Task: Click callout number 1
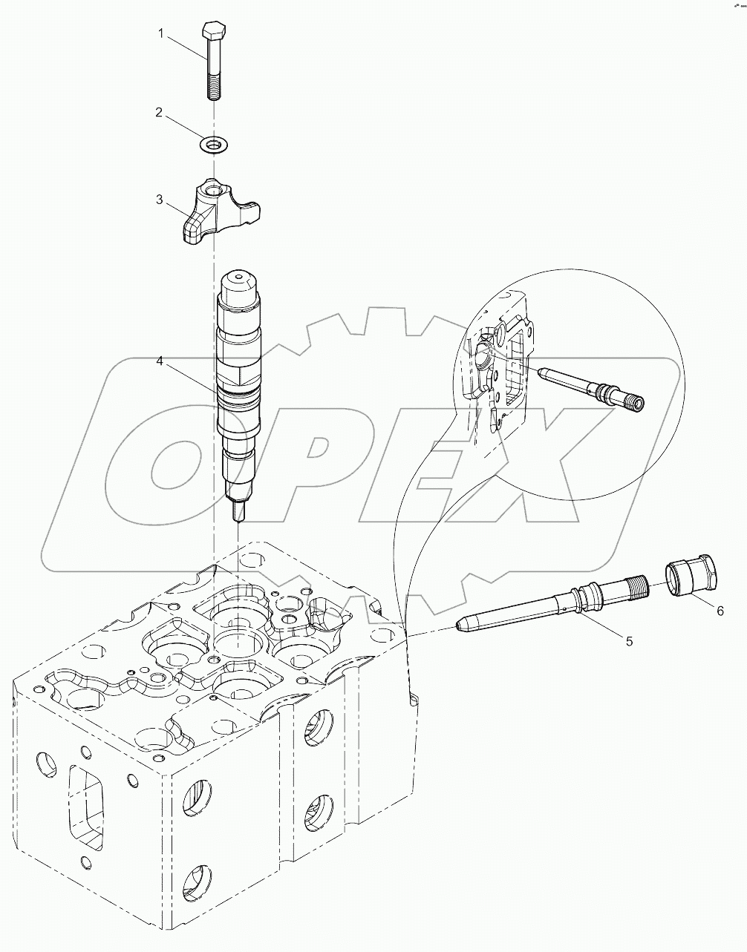point(160,33)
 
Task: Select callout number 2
point(159,112)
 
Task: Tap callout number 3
point(159,199)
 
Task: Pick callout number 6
point(719,610)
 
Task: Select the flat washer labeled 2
point(213,143)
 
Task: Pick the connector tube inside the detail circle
point(590,387)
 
